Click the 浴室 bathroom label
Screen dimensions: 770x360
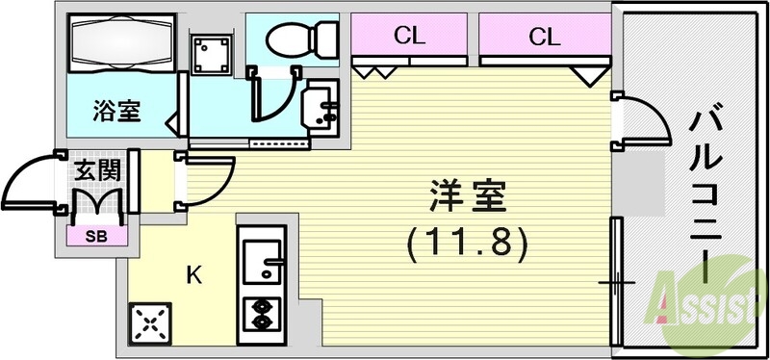117,111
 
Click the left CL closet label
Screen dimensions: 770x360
409,38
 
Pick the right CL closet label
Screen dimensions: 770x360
544,38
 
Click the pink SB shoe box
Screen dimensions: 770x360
97,234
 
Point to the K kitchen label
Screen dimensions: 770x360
193,275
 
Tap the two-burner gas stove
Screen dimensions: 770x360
261,311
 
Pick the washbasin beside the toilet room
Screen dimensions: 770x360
320,109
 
